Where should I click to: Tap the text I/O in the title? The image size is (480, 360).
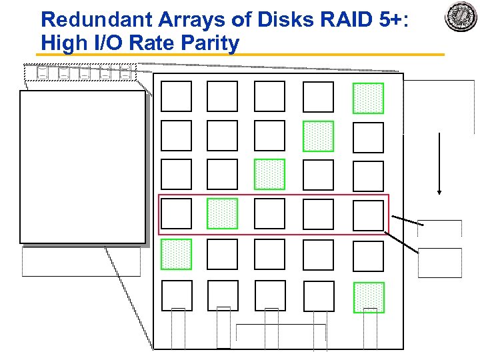pos(106,43)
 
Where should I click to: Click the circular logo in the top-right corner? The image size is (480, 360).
pos(461,17)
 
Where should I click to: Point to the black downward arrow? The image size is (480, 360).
pos(439,163)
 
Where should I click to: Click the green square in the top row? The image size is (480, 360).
pos(368,98)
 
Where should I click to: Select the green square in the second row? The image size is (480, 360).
pos(318,136)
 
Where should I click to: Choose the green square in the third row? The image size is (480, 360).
pos(269,174)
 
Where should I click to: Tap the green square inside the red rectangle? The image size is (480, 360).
pos(222,214)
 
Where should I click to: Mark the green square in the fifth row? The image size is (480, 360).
pos(176,254)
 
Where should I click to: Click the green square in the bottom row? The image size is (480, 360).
pos(369,297)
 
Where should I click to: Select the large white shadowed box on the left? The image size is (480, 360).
pos(82,166)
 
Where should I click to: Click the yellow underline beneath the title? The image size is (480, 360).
pos(240,55)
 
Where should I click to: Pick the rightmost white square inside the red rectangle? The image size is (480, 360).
pos(368,215)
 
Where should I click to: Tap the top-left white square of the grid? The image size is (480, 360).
pos(176,96)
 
